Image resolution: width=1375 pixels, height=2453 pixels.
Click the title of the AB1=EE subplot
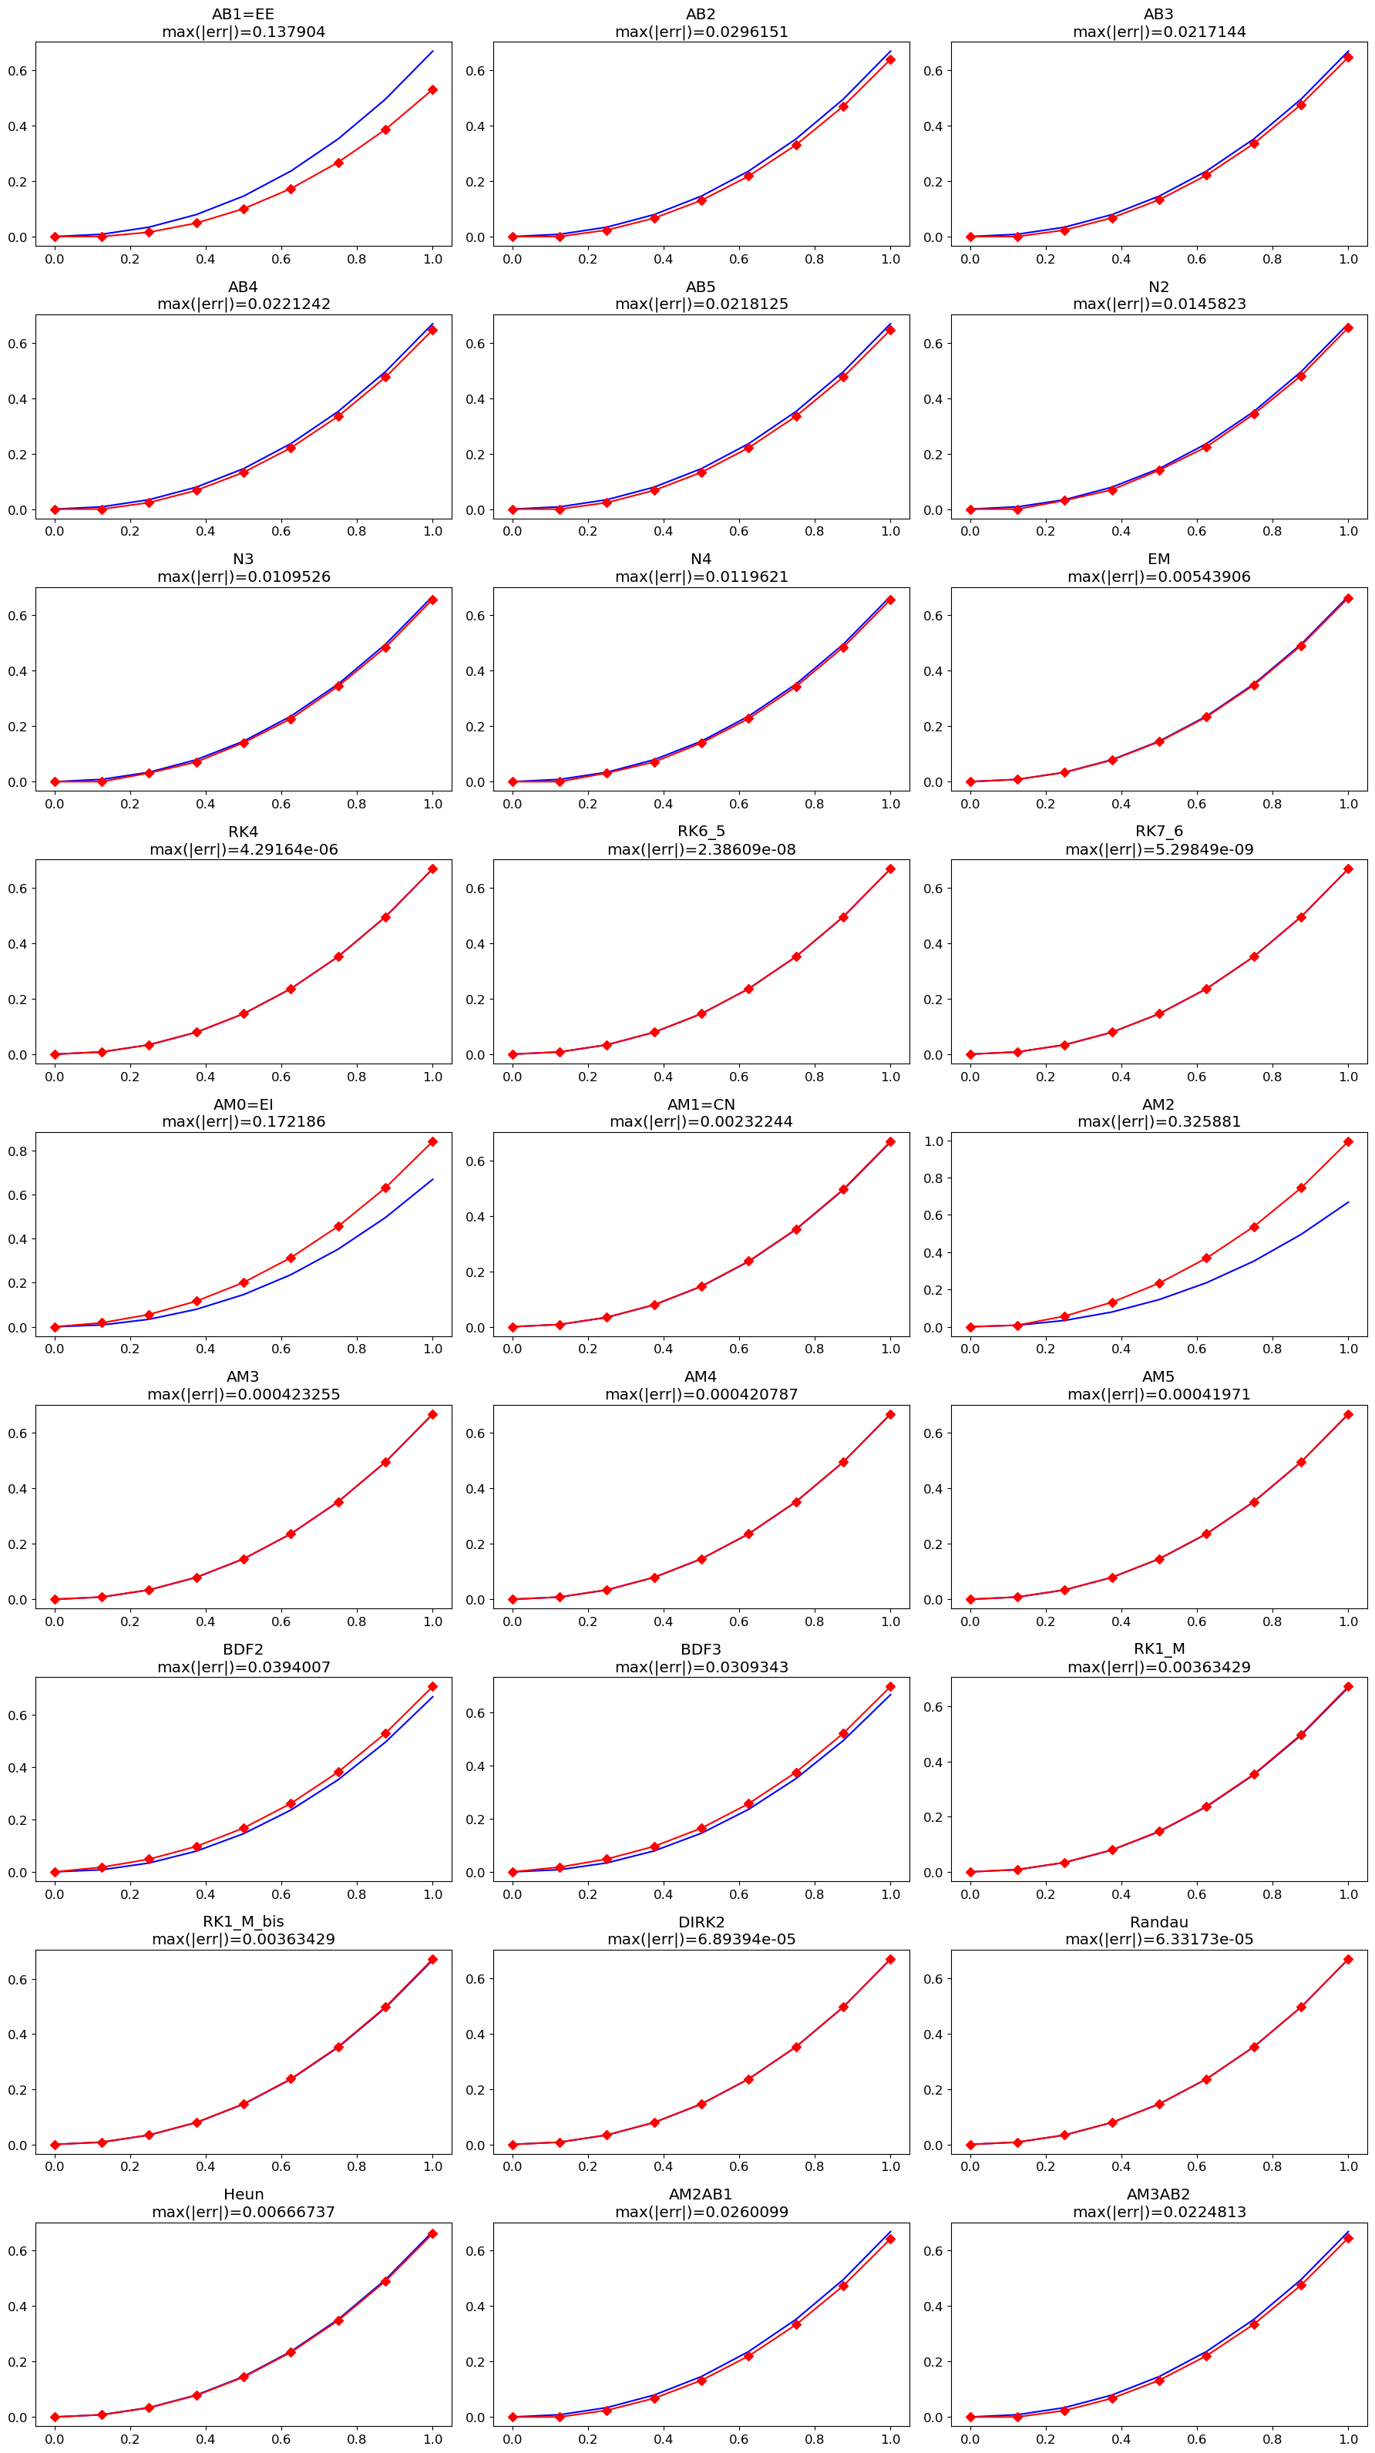(x=243, y=15)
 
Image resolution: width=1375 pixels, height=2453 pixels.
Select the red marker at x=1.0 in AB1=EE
(x=433, y=89)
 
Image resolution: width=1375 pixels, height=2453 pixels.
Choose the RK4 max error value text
(x=243, y=849)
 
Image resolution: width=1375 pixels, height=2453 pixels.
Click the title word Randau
(x=1159, y=1923)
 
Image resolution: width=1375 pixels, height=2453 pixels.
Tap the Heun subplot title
(x=243, y=2195)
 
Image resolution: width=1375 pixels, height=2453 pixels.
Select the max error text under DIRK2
(x=701, y=1940)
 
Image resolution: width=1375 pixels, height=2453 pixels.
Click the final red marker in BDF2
(x=433, y=1686)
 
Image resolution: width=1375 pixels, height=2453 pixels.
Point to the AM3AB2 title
(x=1159, y=2195)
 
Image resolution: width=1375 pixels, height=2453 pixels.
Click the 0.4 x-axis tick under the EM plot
(x=1121, y=804)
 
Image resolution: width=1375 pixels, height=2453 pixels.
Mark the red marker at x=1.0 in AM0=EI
(x=433, y=1142)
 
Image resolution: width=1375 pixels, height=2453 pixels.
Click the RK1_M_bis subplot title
(x=243, y=1923)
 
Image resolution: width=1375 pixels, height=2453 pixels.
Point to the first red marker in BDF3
(x=513, y=1872)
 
